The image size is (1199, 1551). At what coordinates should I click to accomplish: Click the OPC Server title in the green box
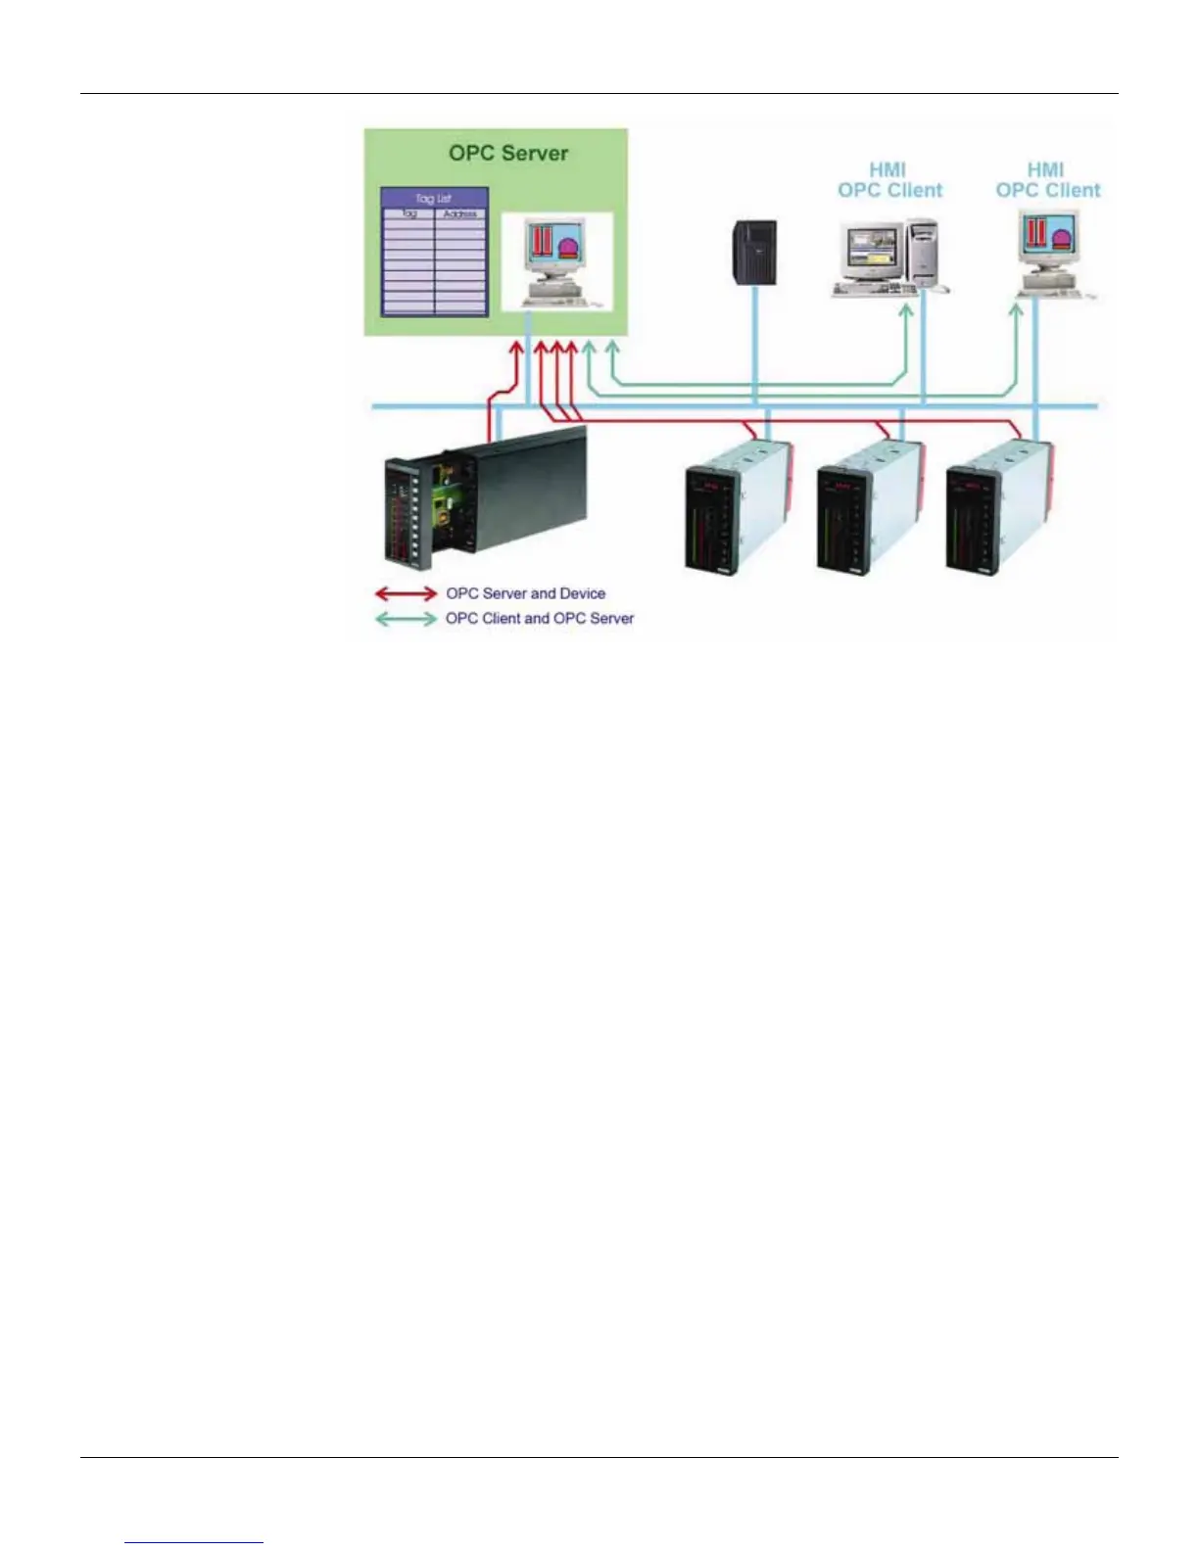coord(508,153)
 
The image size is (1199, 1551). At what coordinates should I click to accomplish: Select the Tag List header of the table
coord(434,198)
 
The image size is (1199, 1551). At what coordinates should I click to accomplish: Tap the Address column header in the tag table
coord(460,213)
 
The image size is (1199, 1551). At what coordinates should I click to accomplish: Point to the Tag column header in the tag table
coord(408,213)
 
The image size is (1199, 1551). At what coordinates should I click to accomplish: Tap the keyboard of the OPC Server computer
coord(555,300)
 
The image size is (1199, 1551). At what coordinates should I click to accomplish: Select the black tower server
coord(755,253)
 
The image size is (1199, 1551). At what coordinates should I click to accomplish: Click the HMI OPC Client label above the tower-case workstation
coord(889,180)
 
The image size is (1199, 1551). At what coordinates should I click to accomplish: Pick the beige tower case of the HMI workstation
coord(924,252)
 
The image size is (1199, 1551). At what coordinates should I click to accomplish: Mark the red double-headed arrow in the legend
coord(406,593)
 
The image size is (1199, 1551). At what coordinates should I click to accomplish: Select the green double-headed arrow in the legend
coord(406,619)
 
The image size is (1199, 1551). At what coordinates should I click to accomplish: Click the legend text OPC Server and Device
coord(525,593)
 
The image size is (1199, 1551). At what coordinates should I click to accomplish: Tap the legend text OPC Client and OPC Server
coord(540,619)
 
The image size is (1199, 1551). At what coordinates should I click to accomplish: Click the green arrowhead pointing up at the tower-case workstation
coord(906,311)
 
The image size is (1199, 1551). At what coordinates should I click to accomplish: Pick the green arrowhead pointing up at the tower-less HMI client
coord(1016,310)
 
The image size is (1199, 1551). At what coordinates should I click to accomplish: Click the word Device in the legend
coord(583,593)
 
